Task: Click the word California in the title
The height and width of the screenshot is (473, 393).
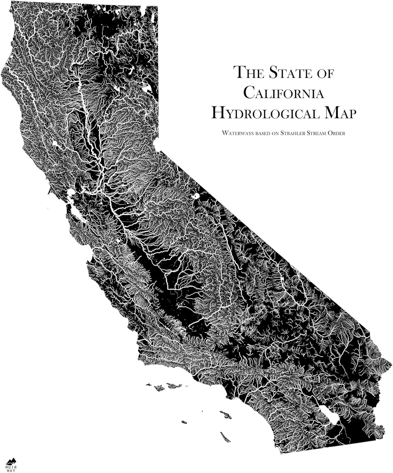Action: point(284,93)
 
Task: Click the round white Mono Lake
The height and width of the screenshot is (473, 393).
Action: point(196,196)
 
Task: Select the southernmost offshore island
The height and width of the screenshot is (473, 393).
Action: point(225,437)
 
